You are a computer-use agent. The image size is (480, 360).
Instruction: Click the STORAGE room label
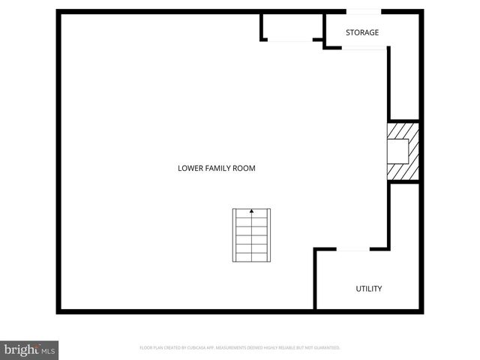(361, 33)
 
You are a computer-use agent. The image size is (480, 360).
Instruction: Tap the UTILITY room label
(368, 289)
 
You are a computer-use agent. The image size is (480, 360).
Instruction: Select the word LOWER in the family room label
(190, 168)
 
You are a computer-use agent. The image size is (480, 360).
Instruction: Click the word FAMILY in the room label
(218, 168)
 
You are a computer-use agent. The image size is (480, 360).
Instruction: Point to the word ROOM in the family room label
(244, 168)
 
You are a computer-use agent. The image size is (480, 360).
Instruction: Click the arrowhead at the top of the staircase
(251, 212)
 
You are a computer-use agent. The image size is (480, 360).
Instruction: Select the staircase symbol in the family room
(251, 235)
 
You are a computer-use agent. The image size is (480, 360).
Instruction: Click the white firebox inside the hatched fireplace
(397, 151)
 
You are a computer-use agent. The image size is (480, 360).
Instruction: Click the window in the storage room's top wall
(363, 12)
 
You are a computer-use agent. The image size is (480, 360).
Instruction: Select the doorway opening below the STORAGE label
(364, 48)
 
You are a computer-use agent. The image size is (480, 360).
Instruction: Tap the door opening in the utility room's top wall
(352, 249)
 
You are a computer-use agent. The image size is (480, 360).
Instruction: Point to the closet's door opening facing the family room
(291, 40)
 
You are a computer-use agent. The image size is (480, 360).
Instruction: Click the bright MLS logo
(29, 349)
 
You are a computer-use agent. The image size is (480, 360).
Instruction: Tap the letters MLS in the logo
(49, 350)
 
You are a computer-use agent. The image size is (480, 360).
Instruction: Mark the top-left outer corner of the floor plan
(58, 11)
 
